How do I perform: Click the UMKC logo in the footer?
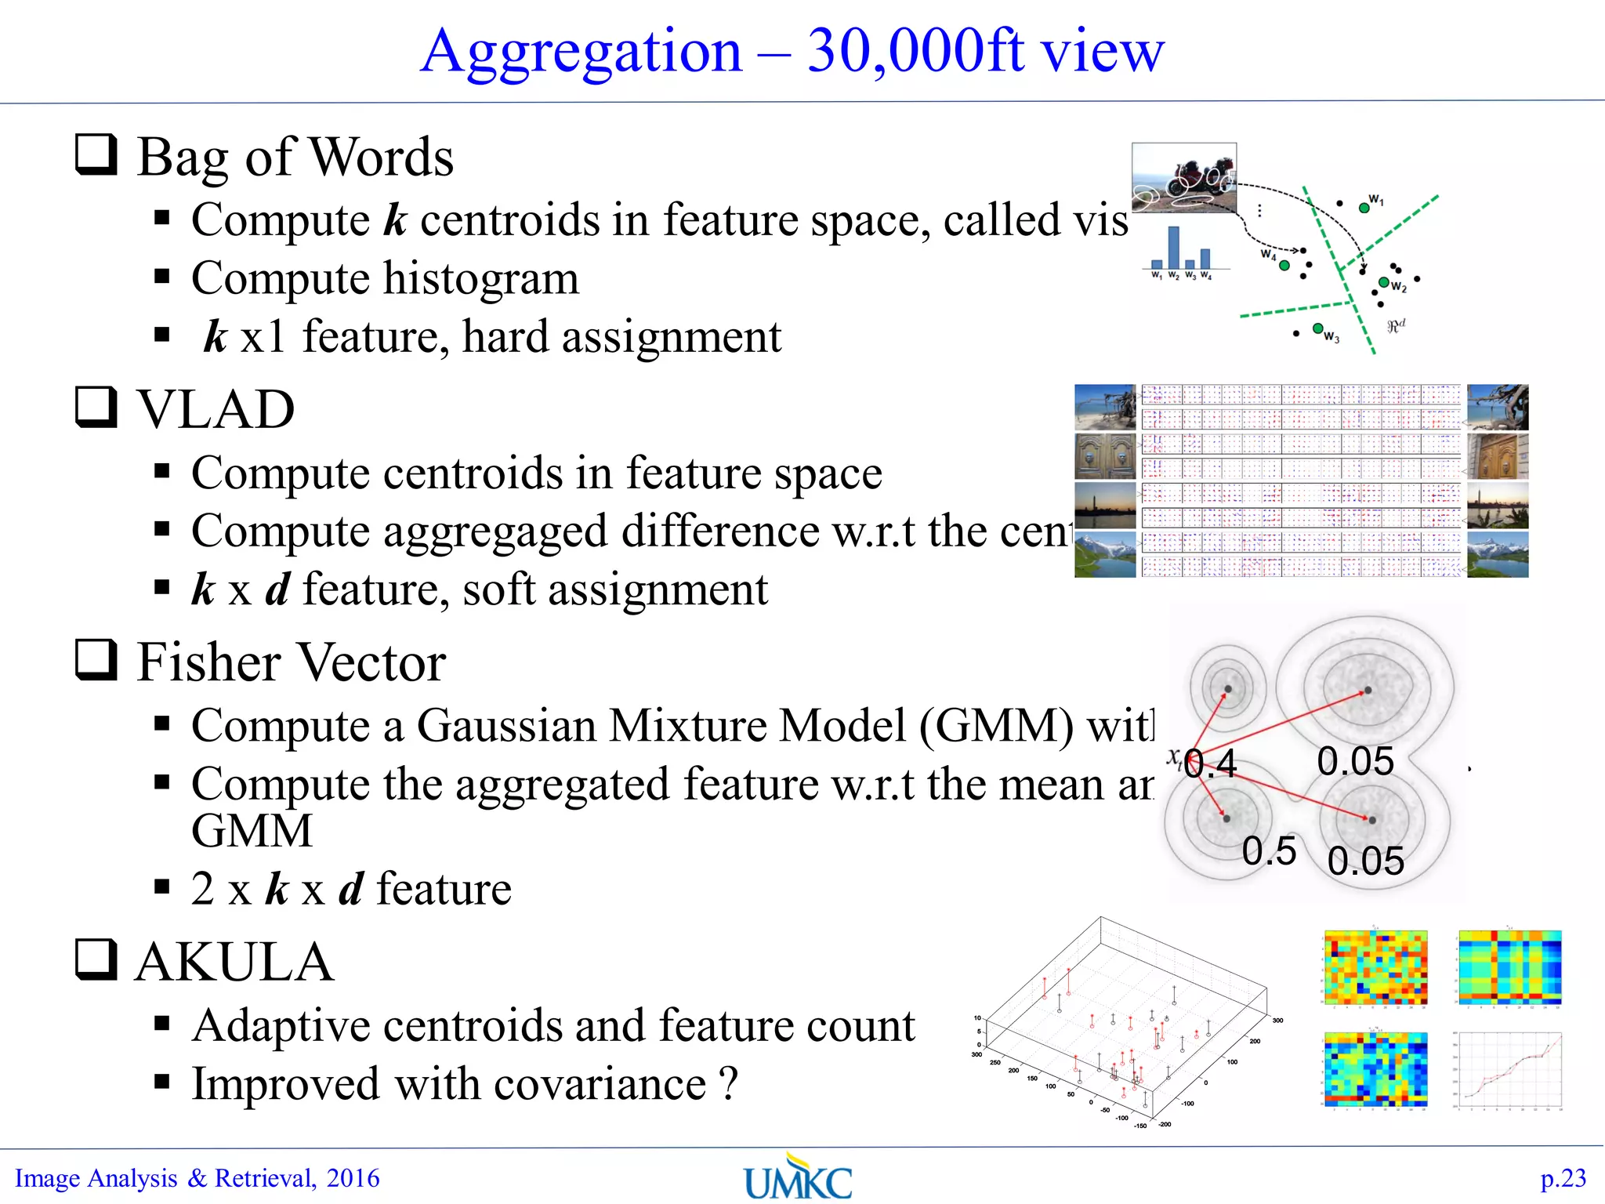pyautogui.click(x=797, y=1178)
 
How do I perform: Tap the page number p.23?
pyautogui.click(x=1563, y=1178)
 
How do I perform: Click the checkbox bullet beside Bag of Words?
pyautogui.click(x=96, y=154)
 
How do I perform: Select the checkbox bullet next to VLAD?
pyautogui.click(x=96, y=407)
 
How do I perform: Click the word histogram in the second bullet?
pyautogui.click(x=480, y=278)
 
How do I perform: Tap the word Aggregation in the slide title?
pyautogui.click(x=581, y=51)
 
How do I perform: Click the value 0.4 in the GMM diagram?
pyautogui.click(x=1211, y=763)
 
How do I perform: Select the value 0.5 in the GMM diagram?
pyautogui.click(x=1269, y=851)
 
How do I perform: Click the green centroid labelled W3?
pyautogui.click(x=1318, y=328)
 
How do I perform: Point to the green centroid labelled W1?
pyautogui.click(x=1364, y=208)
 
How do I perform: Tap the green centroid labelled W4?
pyautogui.click(x=1284, y=266)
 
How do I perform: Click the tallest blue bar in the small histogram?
pyautogui.click(x=1173, y=248)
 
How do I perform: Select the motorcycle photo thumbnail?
pyautogui.click(x=1184, y=178)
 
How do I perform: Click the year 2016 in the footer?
pyautogui.click(x=353, y=1178)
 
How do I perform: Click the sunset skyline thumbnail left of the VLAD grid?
pyautogui.click(x=1105, y=506)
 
